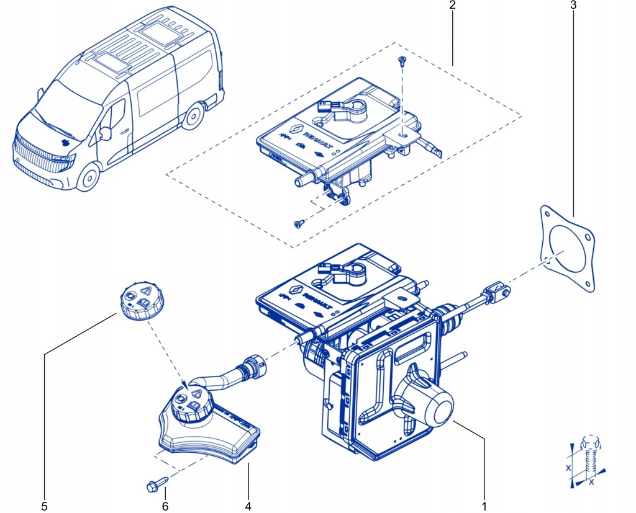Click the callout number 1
484,506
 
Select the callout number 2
453,6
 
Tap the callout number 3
573,6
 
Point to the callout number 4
248,506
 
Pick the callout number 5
44,506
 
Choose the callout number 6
165,506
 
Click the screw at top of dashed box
402,60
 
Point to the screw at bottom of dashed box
299,223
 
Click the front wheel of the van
89,177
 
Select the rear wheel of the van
194,115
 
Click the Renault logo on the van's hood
65,141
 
